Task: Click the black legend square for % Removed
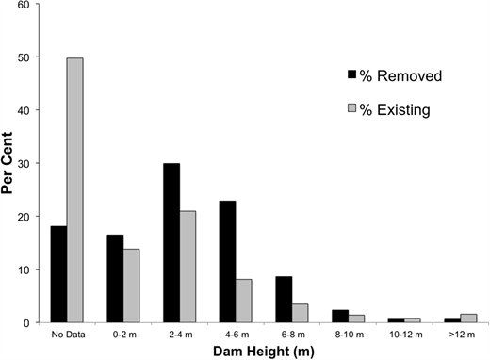[352, 75]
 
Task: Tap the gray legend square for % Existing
[352, 109]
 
